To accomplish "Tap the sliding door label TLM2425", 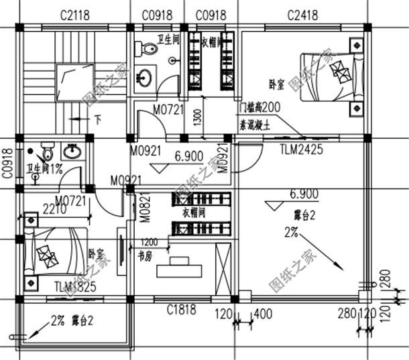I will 301,150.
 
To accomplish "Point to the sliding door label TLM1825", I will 75,287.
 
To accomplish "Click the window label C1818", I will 181,309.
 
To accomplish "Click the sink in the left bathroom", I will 73,152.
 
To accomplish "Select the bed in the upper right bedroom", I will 331,74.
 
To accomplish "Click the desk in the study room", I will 180,268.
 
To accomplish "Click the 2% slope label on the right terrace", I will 290,233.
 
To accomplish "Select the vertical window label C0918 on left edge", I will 7,165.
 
